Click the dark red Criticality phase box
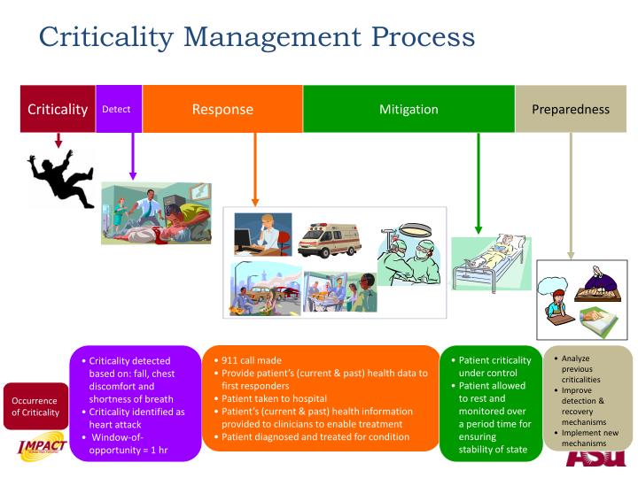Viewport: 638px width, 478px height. pyautogui.click(x=58, y=110)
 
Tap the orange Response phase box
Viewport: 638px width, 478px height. pyautogui.click(x=222, y=110)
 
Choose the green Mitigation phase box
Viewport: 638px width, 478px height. pyautogui.click(x=408, y=110)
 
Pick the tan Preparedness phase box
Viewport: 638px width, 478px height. pyautogui.click(x=571, y=110)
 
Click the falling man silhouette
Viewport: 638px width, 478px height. pyautogui.click(x=62, y=178)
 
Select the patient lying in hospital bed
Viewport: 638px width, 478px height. pyautogui.click(x=491, y=261)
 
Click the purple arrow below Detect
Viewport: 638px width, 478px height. pyautogui.click(x=133, y=159)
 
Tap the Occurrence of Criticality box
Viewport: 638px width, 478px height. pyautogui.click(x=35, y=405)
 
